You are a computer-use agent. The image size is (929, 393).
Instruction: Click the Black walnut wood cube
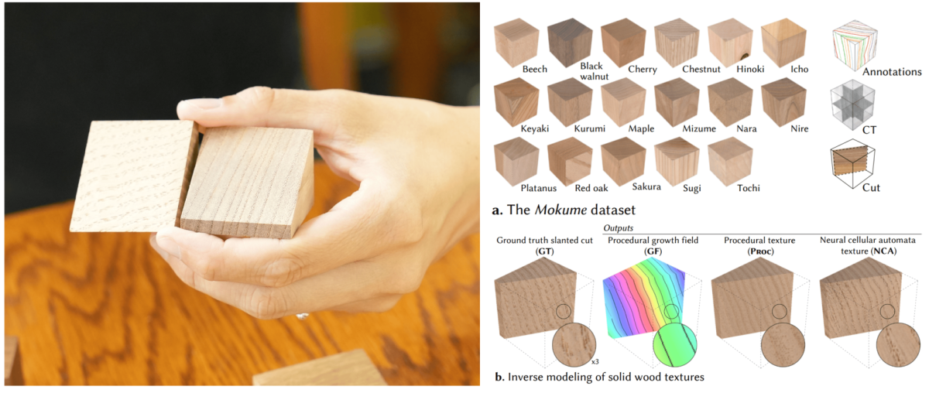(x=570, y=42)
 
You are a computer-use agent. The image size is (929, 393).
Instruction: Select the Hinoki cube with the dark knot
(x=730, y=42)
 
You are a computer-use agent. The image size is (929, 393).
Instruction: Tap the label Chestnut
(x=701, y=69)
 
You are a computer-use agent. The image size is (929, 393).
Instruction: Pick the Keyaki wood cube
(x=516, y=101)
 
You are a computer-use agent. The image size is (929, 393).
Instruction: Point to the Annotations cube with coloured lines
(x=855, y=46)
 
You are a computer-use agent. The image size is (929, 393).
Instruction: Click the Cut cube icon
(x=852, y=163)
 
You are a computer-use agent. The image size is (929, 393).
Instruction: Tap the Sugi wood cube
(x=677, y=161)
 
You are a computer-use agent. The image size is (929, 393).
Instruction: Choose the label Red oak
(x=591, y=188)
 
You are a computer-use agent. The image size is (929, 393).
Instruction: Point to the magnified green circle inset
(x=675, y=345)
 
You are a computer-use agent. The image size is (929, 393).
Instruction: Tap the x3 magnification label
(x=595, y=362)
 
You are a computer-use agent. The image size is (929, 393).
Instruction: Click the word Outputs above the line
(x=618, y=228)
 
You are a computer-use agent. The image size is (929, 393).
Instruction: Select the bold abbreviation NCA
(x=884, y=251)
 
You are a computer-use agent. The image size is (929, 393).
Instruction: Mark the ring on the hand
(x=303, y=316)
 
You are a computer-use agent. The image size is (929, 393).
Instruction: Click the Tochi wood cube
(x=730, y=161)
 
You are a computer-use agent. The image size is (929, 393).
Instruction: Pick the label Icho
(x=799, y=69)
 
